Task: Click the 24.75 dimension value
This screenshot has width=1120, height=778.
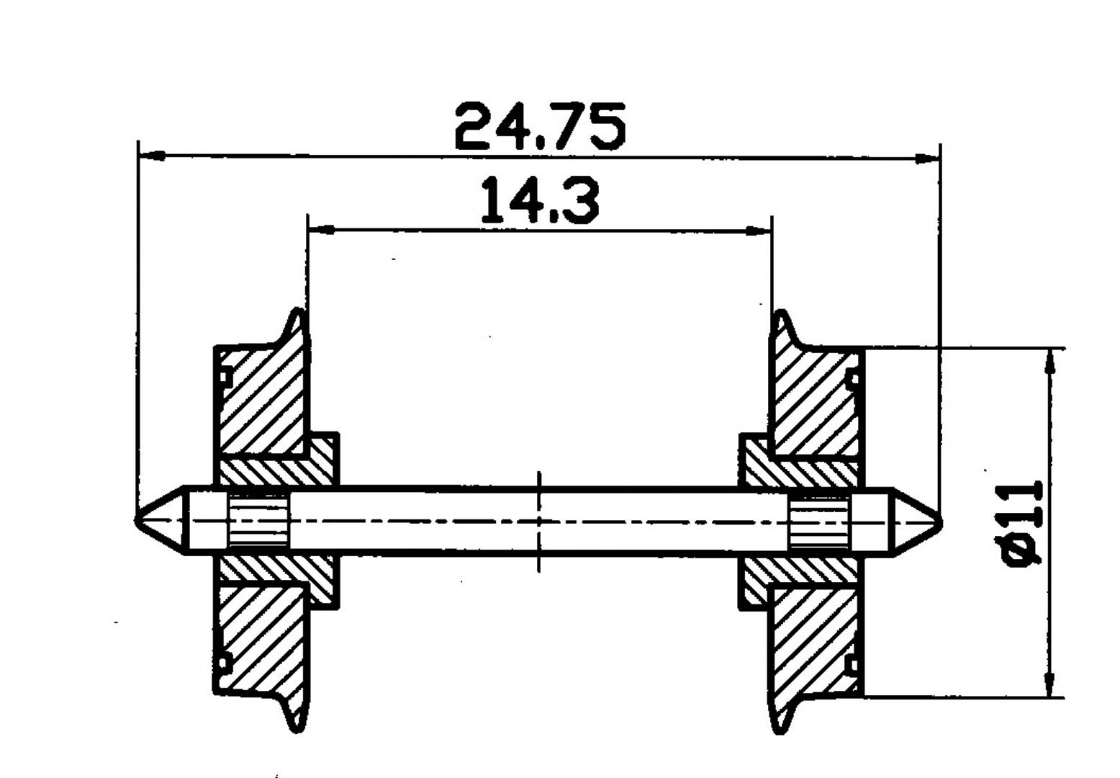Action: (x=540, y=127)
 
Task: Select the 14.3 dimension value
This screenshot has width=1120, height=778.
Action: (x=539, y=200)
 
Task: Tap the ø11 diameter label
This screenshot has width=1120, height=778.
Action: (x=1023, y=524)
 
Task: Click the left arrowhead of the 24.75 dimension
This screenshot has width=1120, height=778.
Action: (x=151, y=155)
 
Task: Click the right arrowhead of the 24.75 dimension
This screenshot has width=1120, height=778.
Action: (x=926, y=158)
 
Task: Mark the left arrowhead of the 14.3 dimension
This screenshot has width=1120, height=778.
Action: (x=321, y=230)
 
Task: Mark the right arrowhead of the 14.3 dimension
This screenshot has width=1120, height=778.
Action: (x=757, y=231)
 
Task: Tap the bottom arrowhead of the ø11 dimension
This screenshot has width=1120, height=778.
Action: (x=1052, y=684)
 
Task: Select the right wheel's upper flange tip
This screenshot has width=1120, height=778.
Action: (x=780, y=314)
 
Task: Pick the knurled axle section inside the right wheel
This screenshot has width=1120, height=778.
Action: (x=819, y=522)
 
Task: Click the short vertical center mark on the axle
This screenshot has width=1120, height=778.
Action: (x=539, y=522)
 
